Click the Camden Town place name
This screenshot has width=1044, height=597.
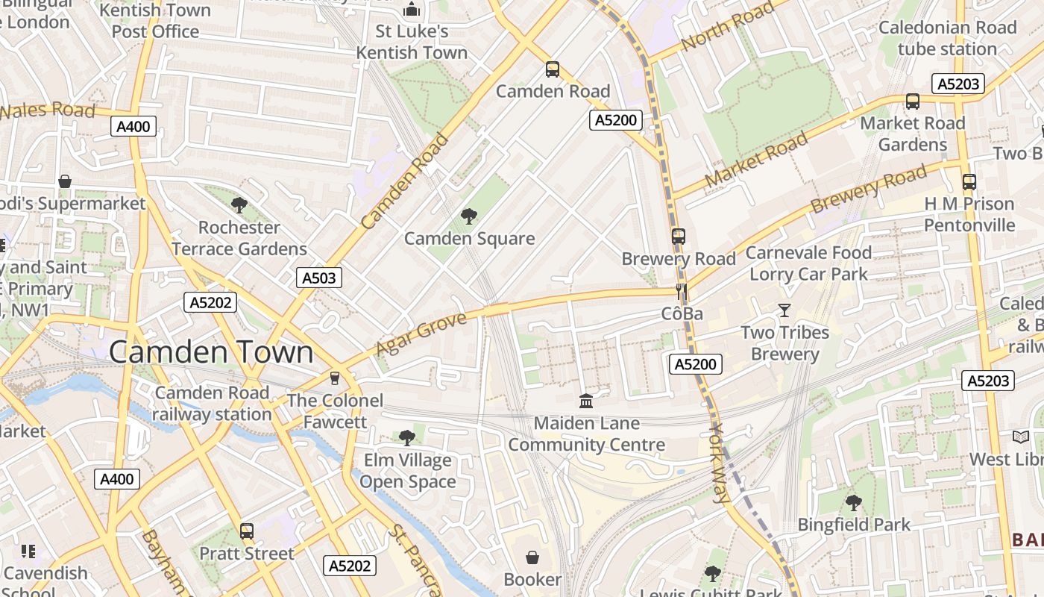point(211,352)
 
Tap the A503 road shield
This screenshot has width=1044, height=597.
point(319,278)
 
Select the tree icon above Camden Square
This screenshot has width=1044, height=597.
point(469,216)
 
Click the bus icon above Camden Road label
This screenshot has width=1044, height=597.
point(553,69)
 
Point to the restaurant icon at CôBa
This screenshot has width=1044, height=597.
point(681,291)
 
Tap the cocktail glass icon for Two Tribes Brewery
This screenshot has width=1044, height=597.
point(784,310)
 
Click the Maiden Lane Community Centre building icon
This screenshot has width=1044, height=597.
point(586,401)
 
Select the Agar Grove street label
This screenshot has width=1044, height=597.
point(421,334)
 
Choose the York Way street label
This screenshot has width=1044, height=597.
point(719,463)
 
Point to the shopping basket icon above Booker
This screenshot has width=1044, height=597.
point(532,557)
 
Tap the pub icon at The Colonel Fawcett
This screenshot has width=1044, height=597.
point(335,378)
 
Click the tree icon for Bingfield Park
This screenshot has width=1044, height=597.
point(854,503)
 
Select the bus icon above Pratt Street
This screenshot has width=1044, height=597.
point(247,531)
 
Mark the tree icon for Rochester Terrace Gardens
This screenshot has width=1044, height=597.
point(239,205)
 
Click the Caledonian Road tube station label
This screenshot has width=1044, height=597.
point(947,38)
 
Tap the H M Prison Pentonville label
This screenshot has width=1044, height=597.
point(969,214)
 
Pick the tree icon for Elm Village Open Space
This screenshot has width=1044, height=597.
point(406,438)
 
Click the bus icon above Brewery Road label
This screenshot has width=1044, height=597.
point(679,237)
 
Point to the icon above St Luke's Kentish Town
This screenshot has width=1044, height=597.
point(411,10)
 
